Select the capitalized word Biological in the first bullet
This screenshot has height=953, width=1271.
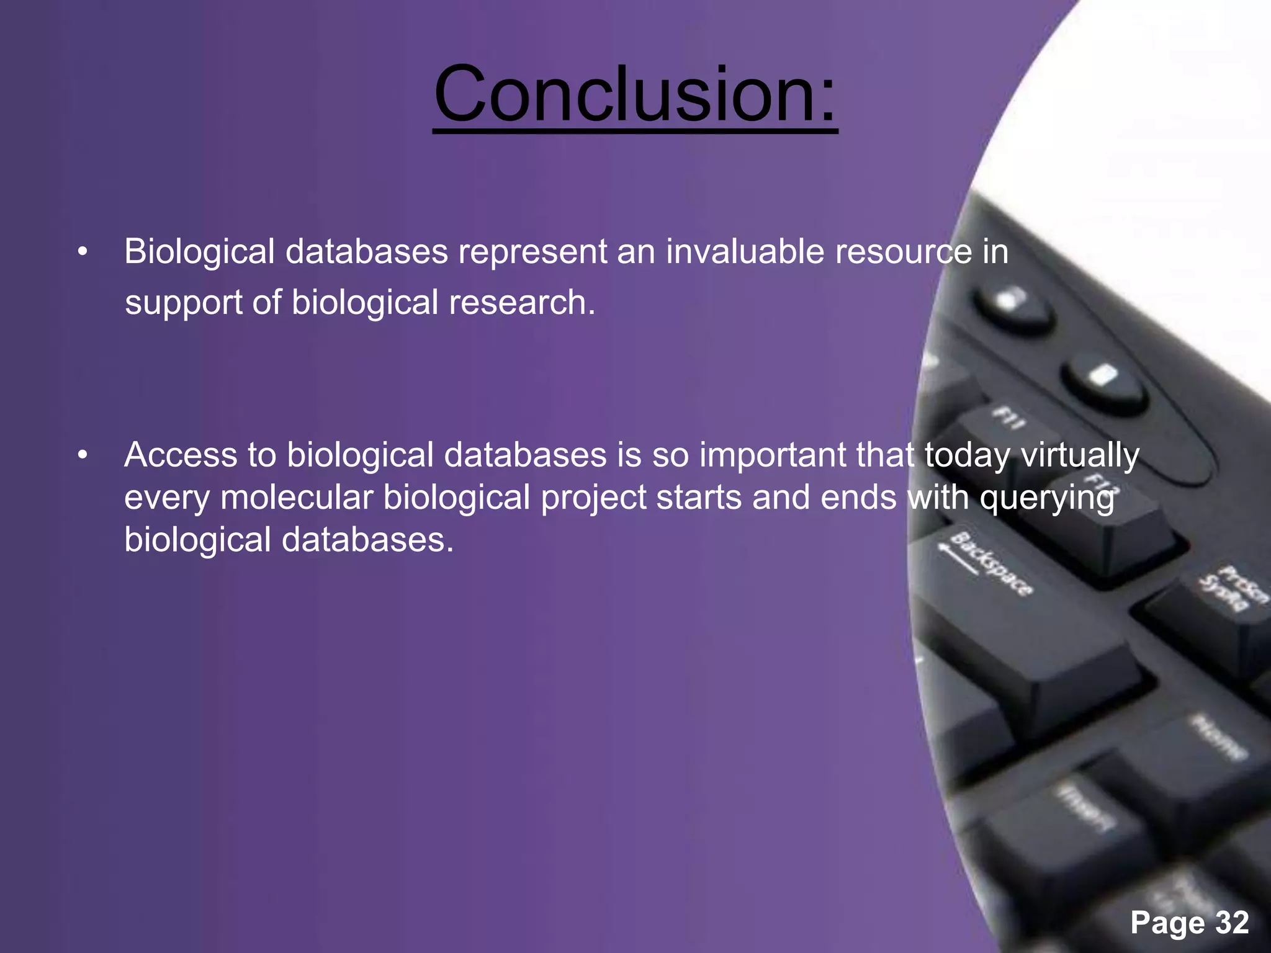(x=199, y=252)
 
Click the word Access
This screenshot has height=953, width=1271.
(x=181, y=455)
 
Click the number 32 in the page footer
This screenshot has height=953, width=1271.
(x=1232, y=923)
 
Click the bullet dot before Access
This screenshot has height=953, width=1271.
(x=83, y=456)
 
